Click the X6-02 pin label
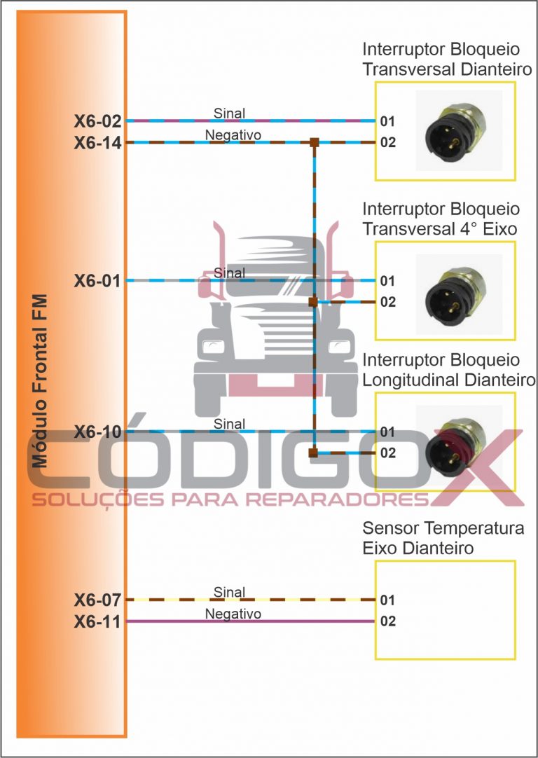pyautogui.click(x=98, y=121)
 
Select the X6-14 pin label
pyautogui.click(x=98, y=143)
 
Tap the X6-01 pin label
pyautogui.click(x=98, y=282)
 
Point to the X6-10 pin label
pyautogui.click(x=98, y=432)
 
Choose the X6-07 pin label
pyautogui.click(x=98, y=600)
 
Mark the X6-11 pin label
pyautogui.click(x=98, y=621)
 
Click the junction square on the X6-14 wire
pyautogui.click(x=315, y=143)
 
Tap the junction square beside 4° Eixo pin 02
pyautogui.click(x=313, y=303)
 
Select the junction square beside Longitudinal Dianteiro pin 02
pyautogui.click(x=313, y=453)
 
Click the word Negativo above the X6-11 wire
pyautogui.click(x=233, y=614)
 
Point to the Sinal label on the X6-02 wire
pyautogui.click(x=229, y=113)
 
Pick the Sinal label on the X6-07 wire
pyautogui.click(x=229, y=592)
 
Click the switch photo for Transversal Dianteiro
pyautogui.click(x=459, y=130)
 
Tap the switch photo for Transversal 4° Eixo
pyautogui.click(x=459, y=293)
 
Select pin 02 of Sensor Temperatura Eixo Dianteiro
pyautogui.click(x=388, y=621)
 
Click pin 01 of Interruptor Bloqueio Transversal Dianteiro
pyautogui.click(x=388, y=121)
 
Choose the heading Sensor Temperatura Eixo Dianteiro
pyautogui.click(x=443, y=537)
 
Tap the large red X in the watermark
pyautogui.click(x=476, y=466)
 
